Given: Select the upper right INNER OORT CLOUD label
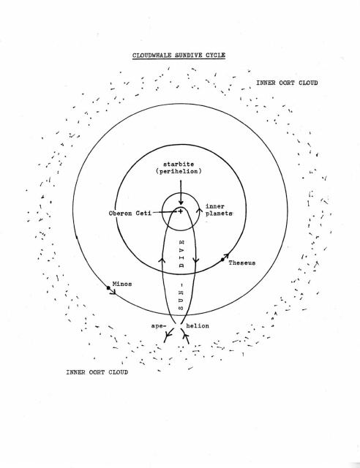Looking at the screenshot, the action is (x=287, y=83).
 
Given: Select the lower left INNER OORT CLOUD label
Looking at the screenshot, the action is (x=97, y=372).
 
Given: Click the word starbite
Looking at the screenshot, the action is (x=179, y=164).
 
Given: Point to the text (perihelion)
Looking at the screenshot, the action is (x=179, y=171).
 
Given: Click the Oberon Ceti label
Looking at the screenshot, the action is (x=130, y=213).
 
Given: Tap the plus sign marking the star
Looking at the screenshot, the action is (x=181, y=211).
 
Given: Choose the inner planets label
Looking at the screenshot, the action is (x=219, y=210).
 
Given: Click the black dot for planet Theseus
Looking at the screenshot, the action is (x=222, y=260).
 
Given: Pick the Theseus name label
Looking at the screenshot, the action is (x=242, y=263).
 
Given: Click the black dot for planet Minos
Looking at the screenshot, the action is (x=108, y=288).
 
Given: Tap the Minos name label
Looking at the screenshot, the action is (x=122, y=284).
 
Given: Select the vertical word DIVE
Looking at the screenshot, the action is (x=181, y=254).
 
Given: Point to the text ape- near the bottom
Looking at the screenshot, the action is (x=158, y=325).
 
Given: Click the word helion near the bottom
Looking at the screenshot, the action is (x=198, y=325).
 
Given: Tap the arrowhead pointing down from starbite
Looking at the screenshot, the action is (x=181, y=203).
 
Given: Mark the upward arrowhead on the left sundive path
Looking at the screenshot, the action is (x=162, y=260).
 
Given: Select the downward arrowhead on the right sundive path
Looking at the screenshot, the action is (x=195, y=260).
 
